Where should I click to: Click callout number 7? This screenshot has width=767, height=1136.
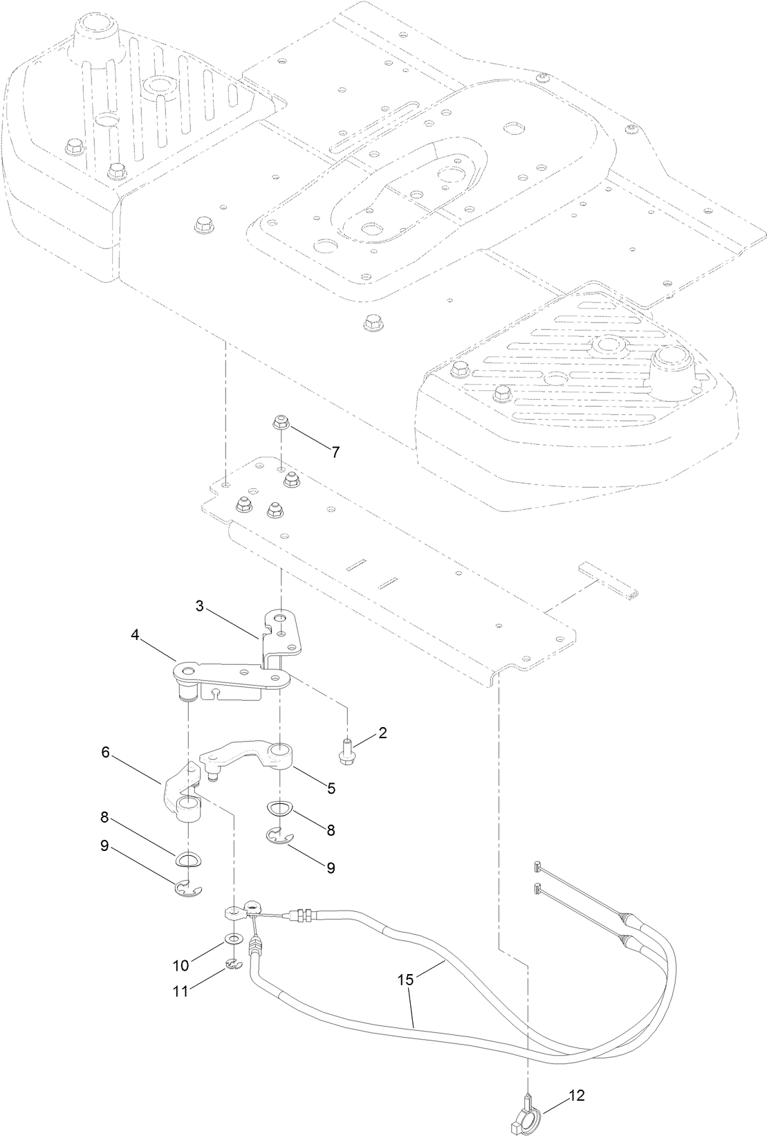(x=335, y=452)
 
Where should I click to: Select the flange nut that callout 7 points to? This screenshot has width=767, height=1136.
(x=282, y=421)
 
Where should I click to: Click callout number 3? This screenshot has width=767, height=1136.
(x=199, y=606)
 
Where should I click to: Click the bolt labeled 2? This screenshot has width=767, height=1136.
(x=347, y=753)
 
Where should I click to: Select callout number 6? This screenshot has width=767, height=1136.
(x=105, y=753)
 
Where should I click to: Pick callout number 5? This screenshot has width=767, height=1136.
(x=331, y=788)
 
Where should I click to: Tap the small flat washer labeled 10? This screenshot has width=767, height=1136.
(x=234, y=940)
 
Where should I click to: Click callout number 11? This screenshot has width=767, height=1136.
(x=181, y=991)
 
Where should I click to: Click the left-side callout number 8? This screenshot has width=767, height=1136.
(x=105, y=816)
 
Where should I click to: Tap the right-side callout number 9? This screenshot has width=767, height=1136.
(x=331, y=868)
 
